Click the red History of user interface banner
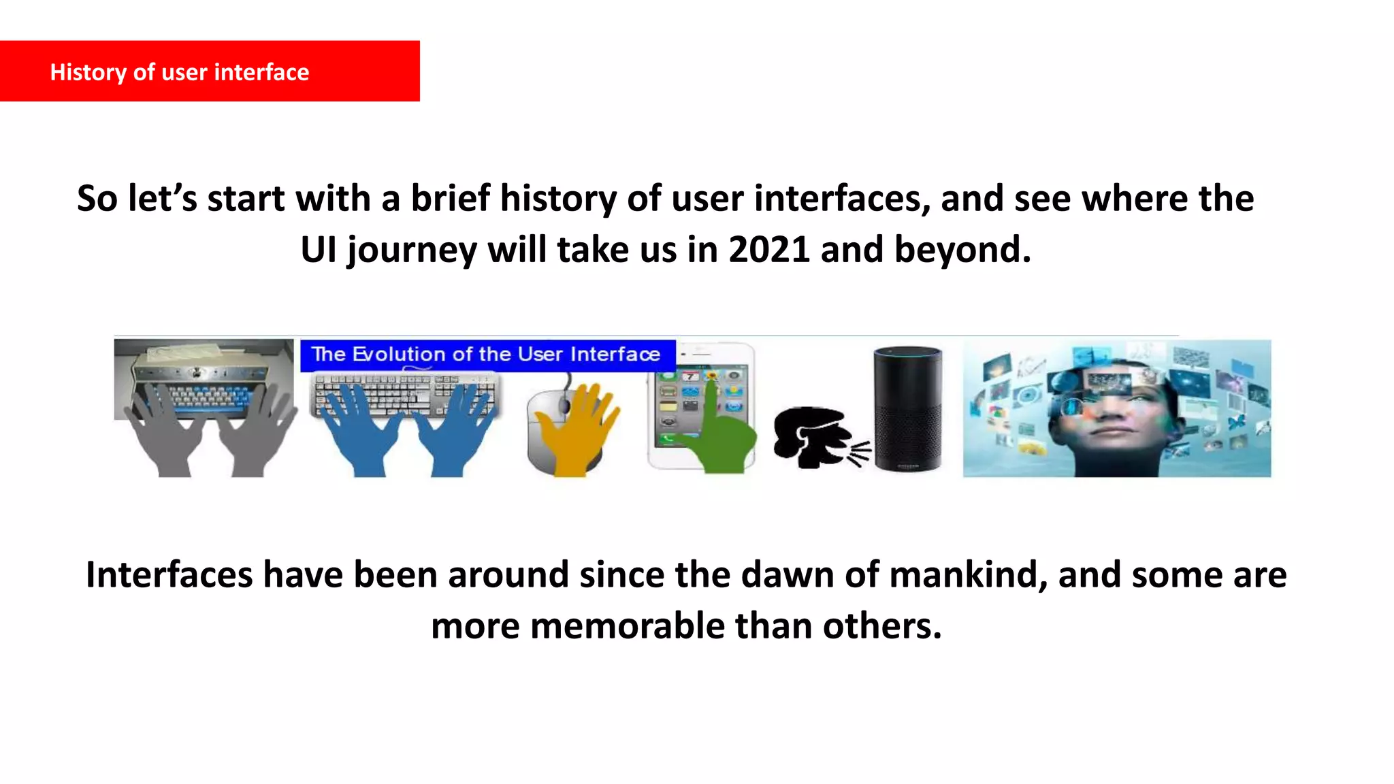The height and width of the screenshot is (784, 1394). pyautogui.click(x=210, y=71)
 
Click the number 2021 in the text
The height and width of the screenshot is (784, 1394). pyautogui.click(x=769, y=250)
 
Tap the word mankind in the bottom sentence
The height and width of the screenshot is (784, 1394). pyautogui.click(x=967, y=575)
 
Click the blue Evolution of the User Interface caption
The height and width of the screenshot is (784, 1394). pyautogui.click(x=487, y=355)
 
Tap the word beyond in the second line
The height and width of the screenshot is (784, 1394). pyautogui.click(x=962, y=250)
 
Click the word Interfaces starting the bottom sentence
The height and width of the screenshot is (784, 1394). pyautogui.click(x=169, y=575)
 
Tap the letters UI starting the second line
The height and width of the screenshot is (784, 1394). pyautogui.click(x=319, y=250)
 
